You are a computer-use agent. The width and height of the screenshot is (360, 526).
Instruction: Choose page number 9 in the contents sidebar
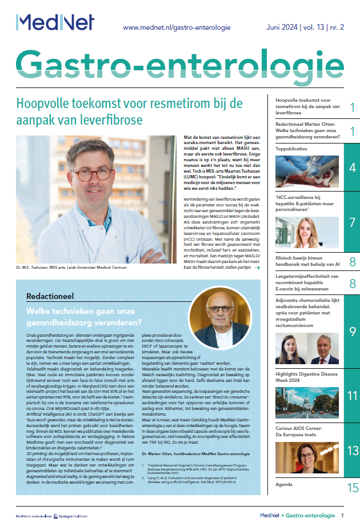pyautogui.click(x=352, y=332)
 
